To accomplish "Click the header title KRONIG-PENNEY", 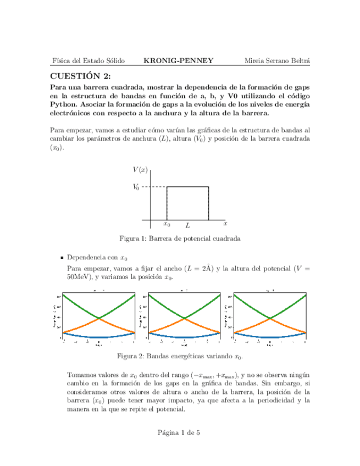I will (x=178, y=60).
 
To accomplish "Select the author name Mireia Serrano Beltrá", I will (x=276, y=60).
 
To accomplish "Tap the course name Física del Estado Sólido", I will (x=87, y=60).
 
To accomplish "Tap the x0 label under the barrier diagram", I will (x=167, y=224).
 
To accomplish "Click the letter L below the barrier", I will (x=187, y=225).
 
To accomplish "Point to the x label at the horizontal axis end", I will (x=225, y=224).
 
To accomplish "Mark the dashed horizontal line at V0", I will (x=154, y=187).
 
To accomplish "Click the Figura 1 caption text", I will (x=180, y=239).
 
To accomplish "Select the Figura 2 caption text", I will (x=180, y=356).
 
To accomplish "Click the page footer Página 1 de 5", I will (x=180, y=432).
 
